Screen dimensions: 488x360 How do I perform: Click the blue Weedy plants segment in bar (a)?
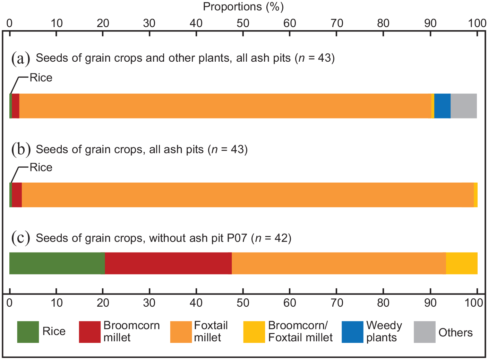pyautogui.click(x=442, y=106)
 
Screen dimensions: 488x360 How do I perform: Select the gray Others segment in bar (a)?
pyautogui.click(x=464, y=106)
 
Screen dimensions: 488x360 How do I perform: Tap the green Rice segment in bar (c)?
pyautogui.click(x=57, y=263)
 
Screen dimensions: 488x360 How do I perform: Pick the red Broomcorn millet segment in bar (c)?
pyautogui.click(x=168, y=263)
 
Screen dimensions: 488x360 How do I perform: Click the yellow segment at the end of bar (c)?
pyautogui.click(x=462, y=263)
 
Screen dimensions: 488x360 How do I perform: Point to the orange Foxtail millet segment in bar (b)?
pyautogui.click(x=248, y=195)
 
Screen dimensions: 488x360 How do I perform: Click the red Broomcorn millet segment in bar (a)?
pyautogui.click(x=16, y=106)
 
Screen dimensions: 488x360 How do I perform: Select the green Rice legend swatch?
pyautogui.click(x=28, y=332)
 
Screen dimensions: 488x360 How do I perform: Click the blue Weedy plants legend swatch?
pyautogui.click(x=352, y=332)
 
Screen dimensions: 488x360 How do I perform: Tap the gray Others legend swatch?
pyautogui.click(x=425, y=332)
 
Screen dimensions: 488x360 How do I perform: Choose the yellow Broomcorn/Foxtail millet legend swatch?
pyautogui.click(x=254, y=332)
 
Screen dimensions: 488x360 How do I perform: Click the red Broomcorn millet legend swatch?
pyautogui.click(x=90, y=332)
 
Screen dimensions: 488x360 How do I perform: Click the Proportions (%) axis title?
pyautogui.click(x=243, y=7)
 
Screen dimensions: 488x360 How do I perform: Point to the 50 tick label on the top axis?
pyautogui.click(x=243, y=23)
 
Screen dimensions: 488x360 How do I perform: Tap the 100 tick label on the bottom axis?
pyautogui.click(x=473, y=303)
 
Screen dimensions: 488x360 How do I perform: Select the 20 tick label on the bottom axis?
pyautogui.click(x=103, y=303)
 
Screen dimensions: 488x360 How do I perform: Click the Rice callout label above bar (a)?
pyautogui.click(x=41, y=78)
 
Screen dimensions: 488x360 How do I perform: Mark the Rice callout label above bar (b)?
pyautogui.click(x=41, y=167)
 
